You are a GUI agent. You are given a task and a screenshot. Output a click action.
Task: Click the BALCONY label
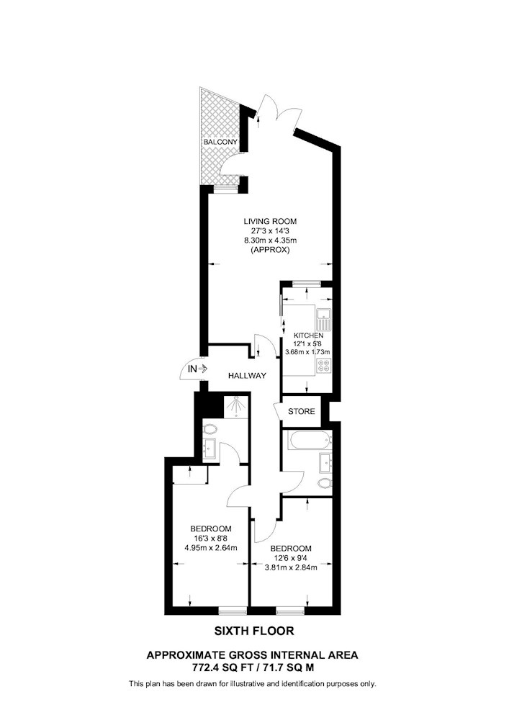pos(221,142)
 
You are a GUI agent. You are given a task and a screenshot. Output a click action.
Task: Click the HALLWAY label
pos(248,376)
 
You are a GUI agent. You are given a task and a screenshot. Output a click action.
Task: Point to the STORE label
pos(302,411)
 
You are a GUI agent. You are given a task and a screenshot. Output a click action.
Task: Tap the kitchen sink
pos(324,319)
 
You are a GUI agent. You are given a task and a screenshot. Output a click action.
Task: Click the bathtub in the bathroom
pos(308,441)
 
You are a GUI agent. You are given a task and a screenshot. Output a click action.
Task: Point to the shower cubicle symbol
pos(236,406)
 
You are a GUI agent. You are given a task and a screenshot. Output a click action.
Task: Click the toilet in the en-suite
pos(210,429)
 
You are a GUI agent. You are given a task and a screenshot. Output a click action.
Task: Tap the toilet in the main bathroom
pos(325,483)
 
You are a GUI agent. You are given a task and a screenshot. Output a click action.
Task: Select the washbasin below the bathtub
pos(325,463)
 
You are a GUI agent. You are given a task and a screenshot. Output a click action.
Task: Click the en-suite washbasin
pos(210,448)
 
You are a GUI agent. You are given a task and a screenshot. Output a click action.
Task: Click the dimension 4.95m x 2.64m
pos(211,547)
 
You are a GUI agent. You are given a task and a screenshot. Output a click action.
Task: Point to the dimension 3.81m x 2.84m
pos(291,567)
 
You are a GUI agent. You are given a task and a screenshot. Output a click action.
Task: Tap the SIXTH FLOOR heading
pos(254,631)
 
